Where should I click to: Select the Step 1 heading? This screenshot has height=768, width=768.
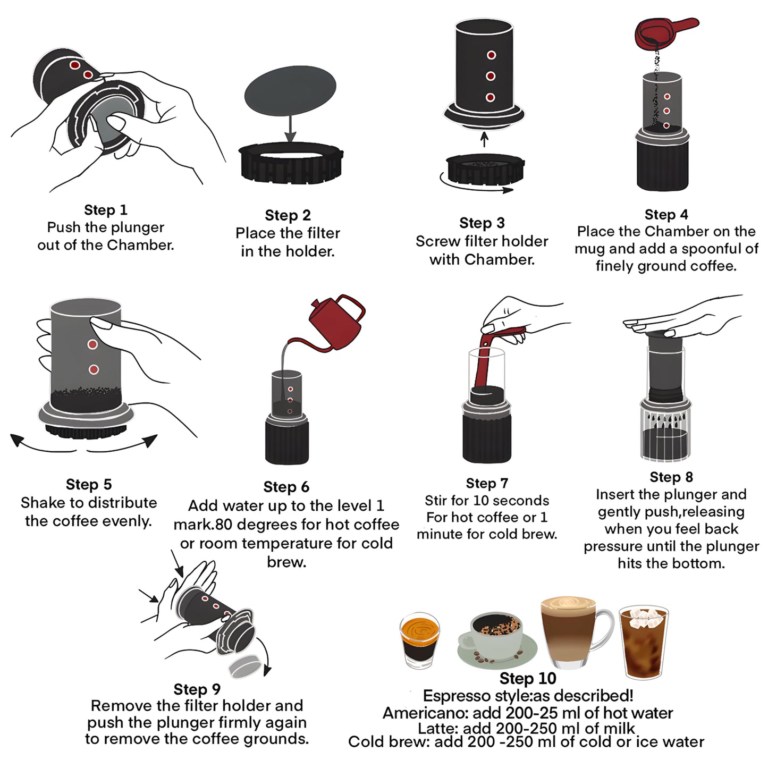106,210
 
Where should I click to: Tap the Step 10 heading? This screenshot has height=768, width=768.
527,678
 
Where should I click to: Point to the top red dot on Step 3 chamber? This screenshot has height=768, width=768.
491,55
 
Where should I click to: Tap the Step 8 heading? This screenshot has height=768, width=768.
671,477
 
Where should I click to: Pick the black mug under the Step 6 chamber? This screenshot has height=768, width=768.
287,441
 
